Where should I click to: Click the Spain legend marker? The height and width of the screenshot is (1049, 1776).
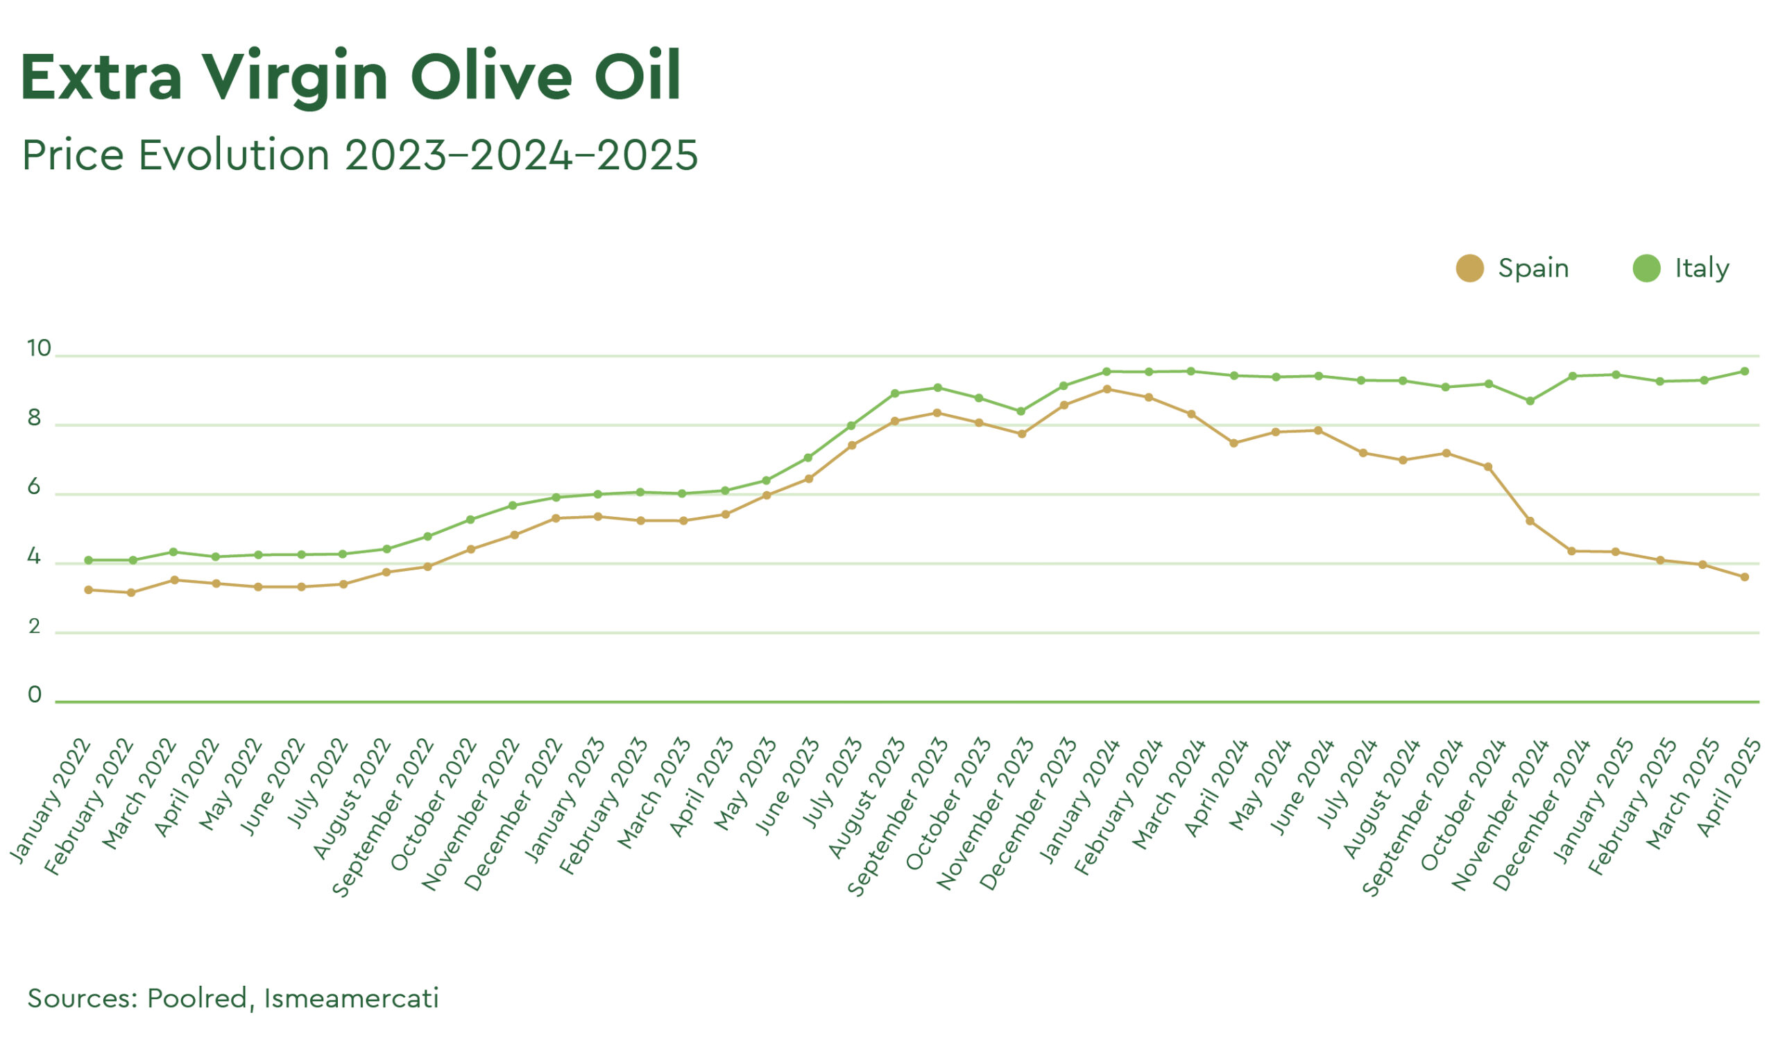click(x=1469, y=268)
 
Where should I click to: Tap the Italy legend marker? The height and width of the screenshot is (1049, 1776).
click(x=1646, y=268)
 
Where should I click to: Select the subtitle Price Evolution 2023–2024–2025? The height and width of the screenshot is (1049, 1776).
click(x=360, y=155)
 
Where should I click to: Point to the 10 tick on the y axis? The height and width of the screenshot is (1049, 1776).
click(x=39, y=348)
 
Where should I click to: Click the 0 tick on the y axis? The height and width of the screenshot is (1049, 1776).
click(x=35, y=695)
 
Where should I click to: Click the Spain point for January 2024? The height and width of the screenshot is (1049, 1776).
click(x=1107, y=389)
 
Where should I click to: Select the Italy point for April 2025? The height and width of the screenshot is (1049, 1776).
click(x=1744, y=371)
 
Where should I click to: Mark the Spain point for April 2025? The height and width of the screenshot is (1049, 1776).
click(x=1744, y=577)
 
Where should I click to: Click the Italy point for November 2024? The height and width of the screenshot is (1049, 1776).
click(x=1530, y=401)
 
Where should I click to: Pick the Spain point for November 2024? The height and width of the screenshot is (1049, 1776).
click(x=1530, y=521)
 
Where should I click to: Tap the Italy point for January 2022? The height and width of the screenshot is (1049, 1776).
click(x=88, y=560)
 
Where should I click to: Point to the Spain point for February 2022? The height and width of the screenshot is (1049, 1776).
click(x=130, y=592)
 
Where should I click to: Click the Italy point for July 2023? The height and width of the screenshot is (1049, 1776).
click(x=852, y=425)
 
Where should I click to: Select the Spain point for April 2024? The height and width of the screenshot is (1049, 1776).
click(x=1234, y=443)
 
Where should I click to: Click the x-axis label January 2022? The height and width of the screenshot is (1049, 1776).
click(x=51, y=801)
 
